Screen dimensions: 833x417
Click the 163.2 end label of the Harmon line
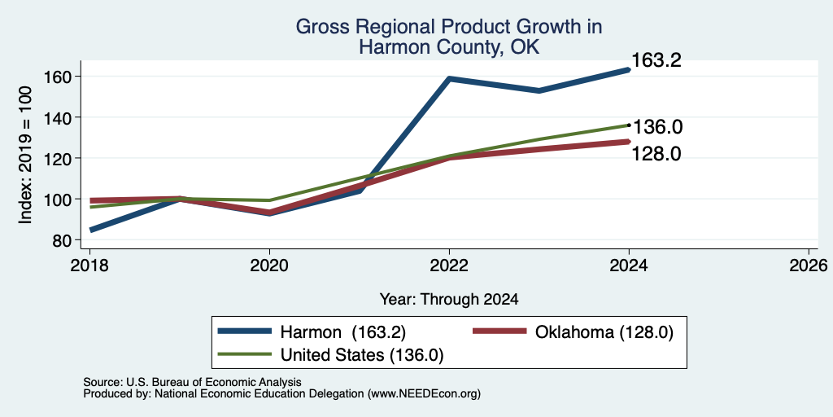click(656, 60)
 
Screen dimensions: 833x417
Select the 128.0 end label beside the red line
click(656, 154)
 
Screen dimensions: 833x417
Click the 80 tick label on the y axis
click(61, 240)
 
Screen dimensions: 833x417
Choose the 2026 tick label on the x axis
click(809, 266)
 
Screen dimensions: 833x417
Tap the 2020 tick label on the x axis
click(269, 266)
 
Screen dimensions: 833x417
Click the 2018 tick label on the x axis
click(89, 266)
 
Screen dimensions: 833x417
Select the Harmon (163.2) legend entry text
click(343, 332)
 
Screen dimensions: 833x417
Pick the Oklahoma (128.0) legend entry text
click(604, 332)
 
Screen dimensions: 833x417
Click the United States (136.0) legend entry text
click(362, 355)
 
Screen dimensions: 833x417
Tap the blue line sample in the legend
click(245, 331)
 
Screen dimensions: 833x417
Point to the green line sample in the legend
click(245, 353)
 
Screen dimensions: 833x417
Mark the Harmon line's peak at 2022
click(449, 79)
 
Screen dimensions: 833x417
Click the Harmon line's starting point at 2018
click(91, 230)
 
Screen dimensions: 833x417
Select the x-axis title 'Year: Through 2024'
click(449, 300)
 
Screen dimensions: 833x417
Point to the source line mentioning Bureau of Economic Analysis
click(192, 382)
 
